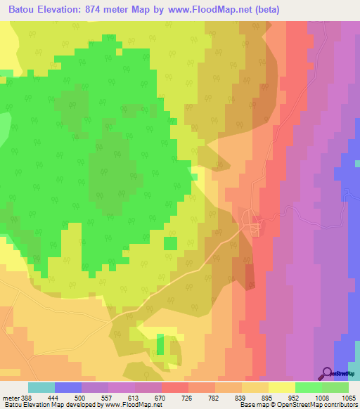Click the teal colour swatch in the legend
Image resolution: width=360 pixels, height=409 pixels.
pyautogui.click(x=41, y=387)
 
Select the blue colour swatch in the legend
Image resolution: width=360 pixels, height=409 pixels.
pyautogui.click(x=68, y=387)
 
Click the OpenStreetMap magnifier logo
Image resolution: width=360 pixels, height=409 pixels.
pyautogui.click(x=327, y=372)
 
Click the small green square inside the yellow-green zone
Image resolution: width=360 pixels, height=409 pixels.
pyautogui.click(x=170, y=243)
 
